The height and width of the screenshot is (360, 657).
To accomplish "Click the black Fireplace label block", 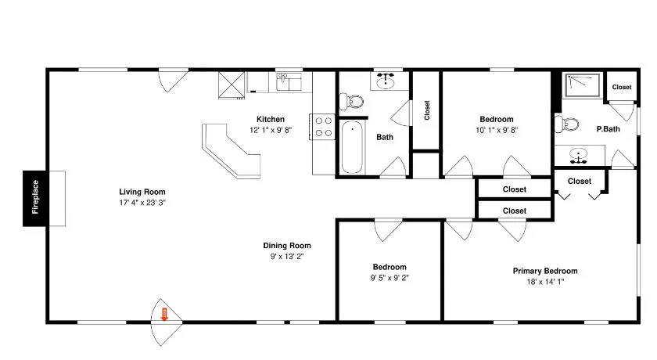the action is (34, 198).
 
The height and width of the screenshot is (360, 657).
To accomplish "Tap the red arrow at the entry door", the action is (164, 315).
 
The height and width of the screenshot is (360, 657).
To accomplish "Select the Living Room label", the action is (142, 192).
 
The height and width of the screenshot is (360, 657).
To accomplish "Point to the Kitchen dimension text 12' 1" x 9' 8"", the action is (271, 131).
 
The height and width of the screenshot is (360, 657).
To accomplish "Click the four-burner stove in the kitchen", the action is (323, 127).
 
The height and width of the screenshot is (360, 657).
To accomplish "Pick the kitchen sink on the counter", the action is (289, 81).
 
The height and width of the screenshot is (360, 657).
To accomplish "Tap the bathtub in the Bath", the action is (352, 147).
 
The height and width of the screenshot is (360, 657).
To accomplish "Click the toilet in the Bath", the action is (351, 101).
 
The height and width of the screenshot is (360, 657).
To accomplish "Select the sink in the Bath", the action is (386, 81).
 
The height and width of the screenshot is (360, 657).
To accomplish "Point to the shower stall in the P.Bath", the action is (583, 85).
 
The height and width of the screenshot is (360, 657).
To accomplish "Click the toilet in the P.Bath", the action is (566, 124).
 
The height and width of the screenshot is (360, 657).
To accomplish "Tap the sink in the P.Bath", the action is (579, 156).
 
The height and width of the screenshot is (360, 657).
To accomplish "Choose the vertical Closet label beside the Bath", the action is (427, 110).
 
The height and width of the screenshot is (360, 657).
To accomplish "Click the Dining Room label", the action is (287, 246).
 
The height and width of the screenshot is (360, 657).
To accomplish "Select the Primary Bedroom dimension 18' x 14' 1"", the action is (546, 282).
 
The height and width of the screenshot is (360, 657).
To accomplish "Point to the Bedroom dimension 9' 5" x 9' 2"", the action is (390, 278).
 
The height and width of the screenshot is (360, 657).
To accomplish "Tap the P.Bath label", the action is (608, 129).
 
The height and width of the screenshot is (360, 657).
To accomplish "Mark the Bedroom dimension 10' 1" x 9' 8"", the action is (497, 131).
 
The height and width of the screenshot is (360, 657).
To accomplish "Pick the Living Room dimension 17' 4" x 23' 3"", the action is (142, 203).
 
